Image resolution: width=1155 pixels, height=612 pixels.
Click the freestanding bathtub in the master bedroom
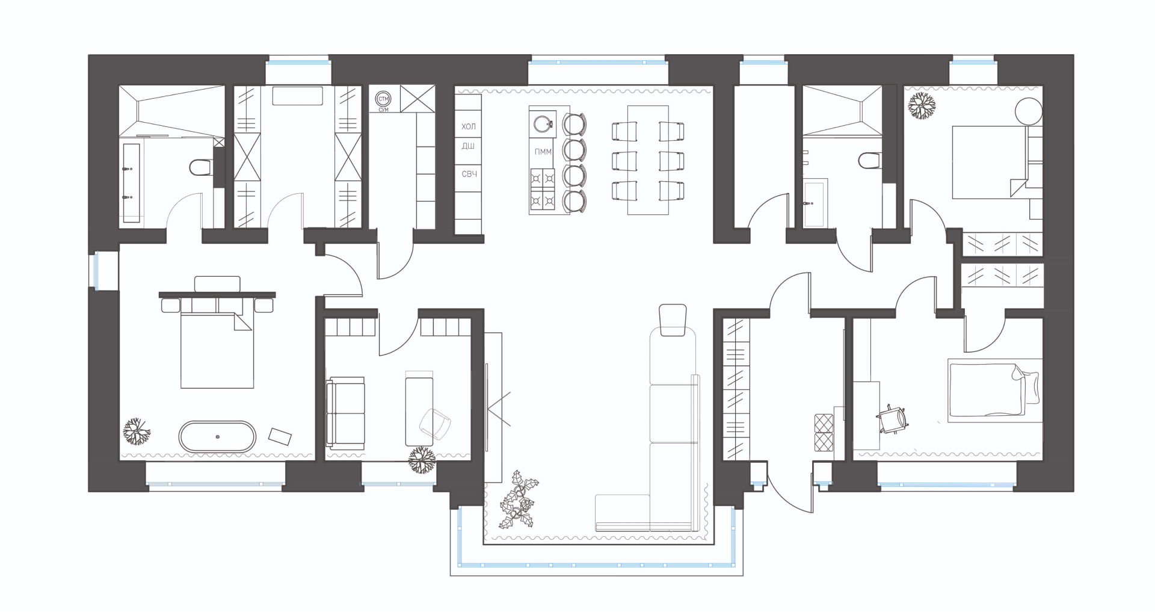click(x=217, y=437)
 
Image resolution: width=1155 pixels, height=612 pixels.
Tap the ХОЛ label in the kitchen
click(x=469, y=126)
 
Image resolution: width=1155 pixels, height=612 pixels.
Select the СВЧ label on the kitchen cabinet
click(x=469, y=174)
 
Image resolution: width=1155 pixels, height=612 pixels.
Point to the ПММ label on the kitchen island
click(x=543, y=152)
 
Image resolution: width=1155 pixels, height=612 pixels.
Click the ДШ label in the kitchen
click(x=468, y=146)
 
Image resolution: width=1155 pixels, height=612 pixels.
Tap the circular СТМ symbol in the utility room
click(x=383, y=99)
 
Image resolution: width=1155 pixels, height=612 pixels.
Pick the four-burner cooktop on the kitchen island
click(x=543, y=190)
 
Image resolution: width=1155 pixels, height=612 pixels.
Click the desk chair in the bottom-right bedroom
click(x=893, y=419)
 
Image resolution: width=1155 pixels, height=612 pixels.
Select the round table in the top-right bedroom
click(x=1028, y=111)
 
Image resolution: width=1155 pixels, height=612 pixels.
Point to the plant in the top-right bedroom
click(x=922, y=107)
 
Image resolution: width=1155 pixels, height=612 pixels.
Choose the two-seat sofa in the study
click(x=346, y=412)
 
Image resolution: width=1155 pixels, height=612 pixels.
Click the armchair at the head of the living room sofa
click(x=673, y=320)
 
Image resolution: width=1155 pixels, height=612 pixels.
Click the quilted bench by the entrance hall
click(x=824, y=432)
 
